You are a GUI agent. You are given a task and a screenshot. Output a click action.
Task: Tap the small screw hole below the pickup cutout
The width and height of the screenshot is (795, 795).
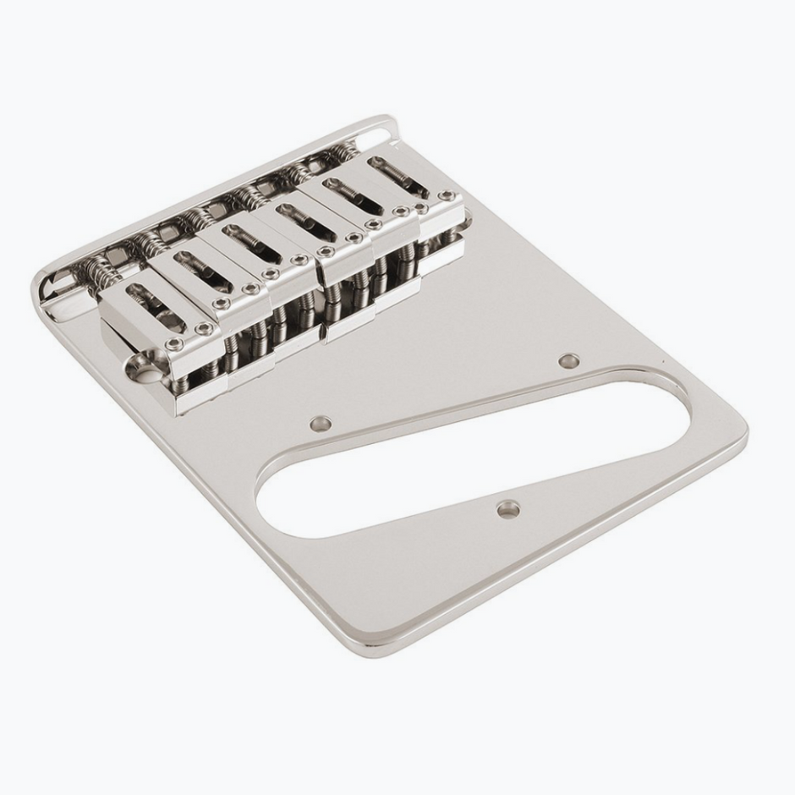click(507, 508)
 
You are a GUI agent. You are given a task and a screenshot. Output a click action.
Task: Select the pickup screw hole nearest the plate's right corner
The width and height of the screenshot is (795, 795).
click(570, 361)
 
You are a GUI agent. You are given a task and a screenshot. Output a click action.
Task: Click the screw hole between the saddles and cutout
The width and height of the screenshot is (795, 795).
click(320, 420)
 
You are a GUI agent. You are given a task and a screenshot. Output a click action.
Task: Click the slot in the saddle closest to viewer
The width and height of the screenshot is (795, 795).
click(152, 306)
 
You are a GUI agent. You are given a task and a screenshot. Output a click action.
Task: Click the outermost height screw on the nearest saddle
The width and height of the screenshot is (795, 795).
click(173, 343)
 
